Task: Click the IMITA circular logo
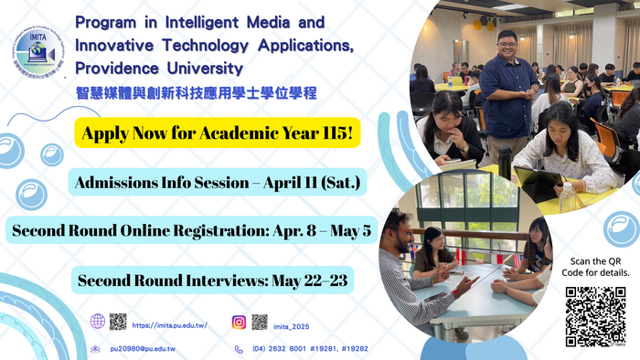(x=39, y=53)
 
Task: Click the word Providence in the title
(x=117, y=69)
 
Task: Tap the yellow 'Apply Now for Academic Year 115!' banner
(x=217, y=134)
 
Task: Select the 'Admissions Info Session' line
(x=218, y=184)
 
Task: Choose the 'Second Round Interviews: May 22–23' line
(x=213, y=280)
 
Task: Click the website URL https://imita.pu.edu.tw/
(x=170, y=324)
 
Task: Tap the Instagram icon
(x=239, y=322)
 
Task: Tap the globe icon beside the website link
(x=98, y=322)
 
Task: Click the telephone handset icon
(x=239, y=349)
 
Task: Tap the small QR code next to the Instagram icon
(x=260, y=322)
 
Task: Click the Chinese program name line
(x=197, y=92)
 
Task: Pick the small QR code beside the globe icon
(x=118, y=322)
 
